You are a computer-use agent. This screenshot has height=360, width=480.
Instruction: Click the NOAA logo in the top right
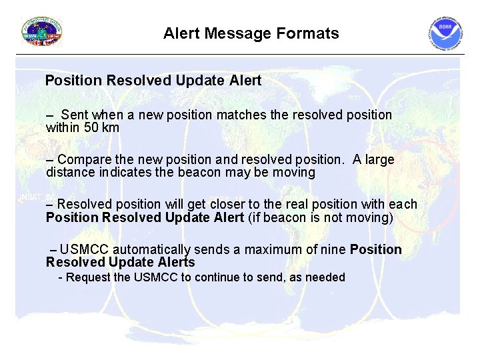[x=445, y=34]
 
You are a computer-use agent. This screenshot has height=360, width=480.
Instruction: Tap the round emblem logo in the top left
[x=42, y=32]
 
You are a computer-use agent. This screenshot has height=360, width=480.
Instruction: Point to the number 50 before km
[x=91, y=127]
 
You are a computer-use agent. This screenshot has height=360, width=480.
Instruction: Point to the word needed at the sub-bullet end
[x=325, y=277]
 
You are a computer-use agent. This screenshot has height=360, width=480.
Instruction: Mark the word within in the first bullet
[x=63, y=127]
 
